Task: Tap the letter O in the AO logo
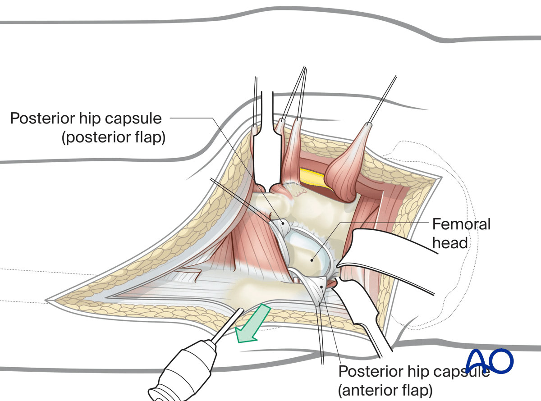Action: point(501,360)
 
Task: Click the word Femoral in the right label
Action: point(461,224)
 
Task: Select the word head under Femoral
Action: point(450,243)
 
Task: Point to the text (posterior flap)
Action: point(113,137)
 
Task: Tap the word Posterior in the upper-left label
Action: point(39,118)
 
